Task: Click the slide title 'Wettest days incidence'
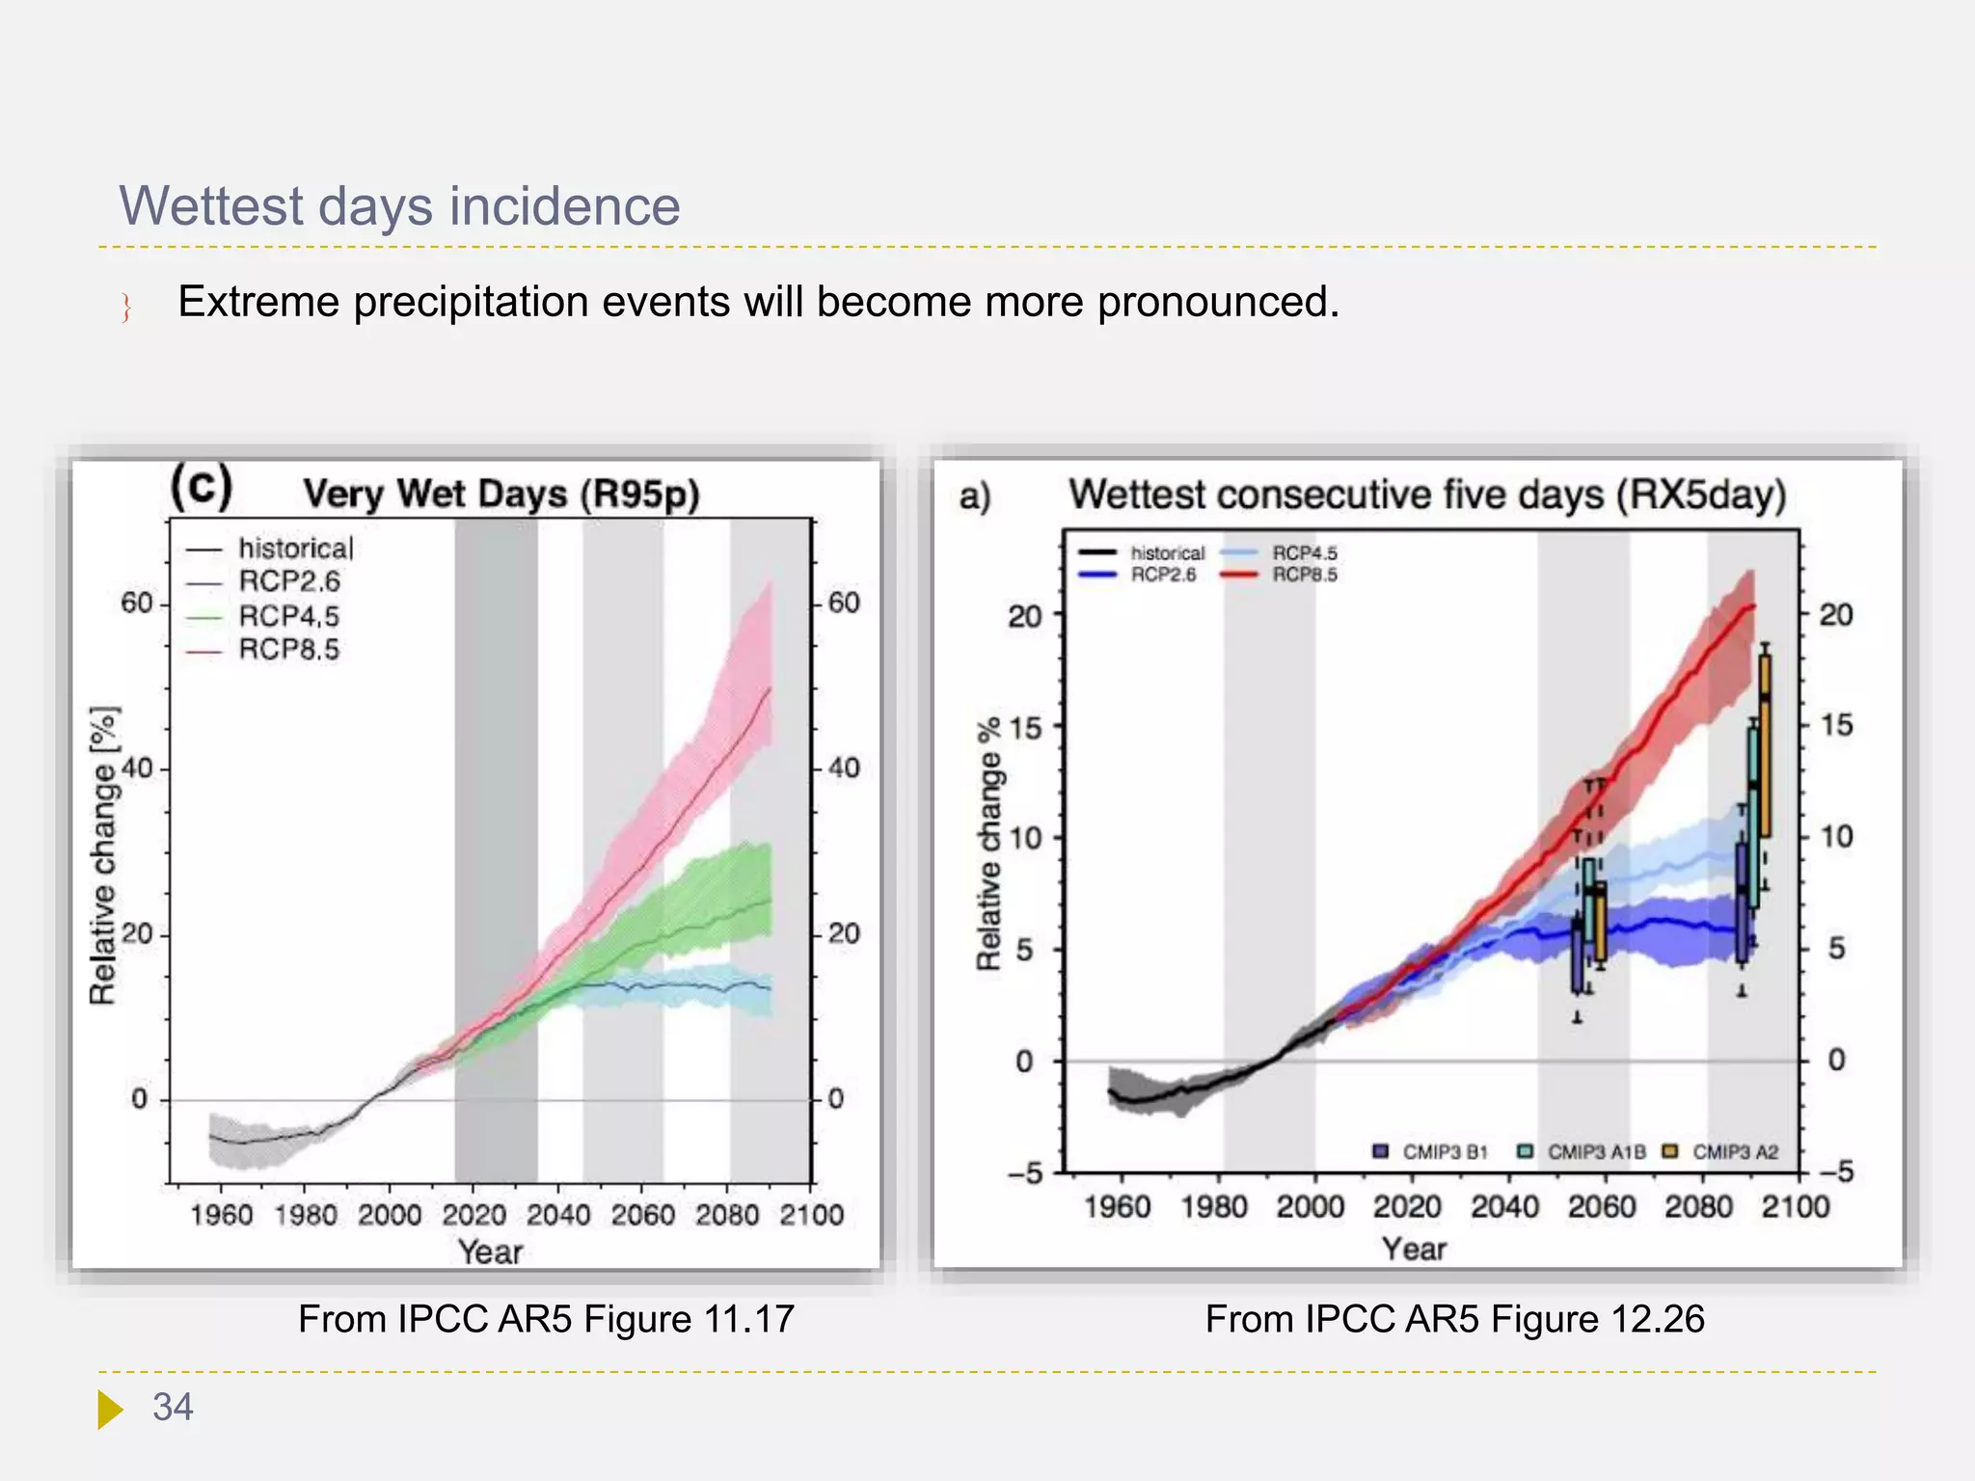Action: (x=399, y=206)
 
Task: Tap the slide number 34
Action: (x=173, y=1407)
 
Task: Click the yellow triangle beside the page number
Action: (x=110, y=1409)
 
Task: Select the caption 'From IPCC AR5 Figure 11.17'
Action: (x=546, y=1318)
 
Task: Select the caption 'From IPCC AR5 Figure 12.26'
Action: (x=1454, y=1318)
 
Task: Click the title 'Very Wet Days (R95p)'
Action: (x=501, y=494)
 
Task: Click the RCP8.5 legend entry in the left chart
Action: (x=288, y=650)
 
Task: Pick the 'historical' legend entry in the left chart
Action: (x=295, y=549)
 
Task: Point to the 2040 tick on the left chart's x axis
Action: (x=558, y=1214)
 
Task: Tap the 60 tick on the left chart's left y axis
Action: (x=137, y=604)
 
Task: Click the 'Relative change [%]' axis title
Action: (x=104, y=854)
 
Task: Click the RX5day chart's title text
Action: (x=1427, y=495)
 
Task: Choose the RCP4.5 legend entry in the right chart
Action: (x=1304, y=552)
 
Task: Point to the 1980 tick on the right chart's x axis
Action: (x=1214, y=1206)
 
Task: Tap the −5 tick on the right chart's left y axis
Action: (x=1026, y=1172)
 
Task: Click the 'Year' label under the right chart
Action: (x=1414, y=1249)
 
